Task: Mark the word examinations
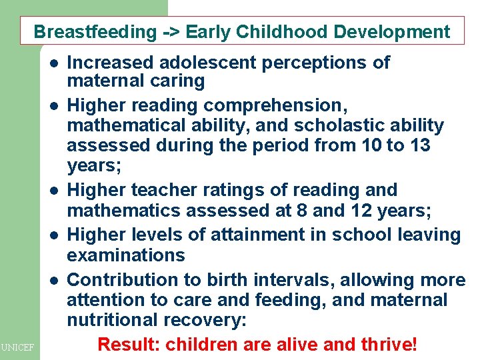point(126,255)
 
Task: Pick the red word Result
point(129,345)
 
